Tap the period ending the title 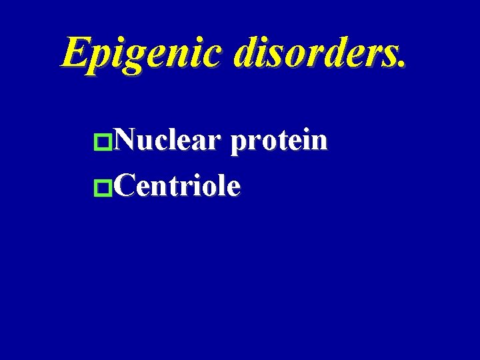[400, 65]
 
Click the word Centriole [177, 186]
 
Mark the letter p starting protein [238, 145]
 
